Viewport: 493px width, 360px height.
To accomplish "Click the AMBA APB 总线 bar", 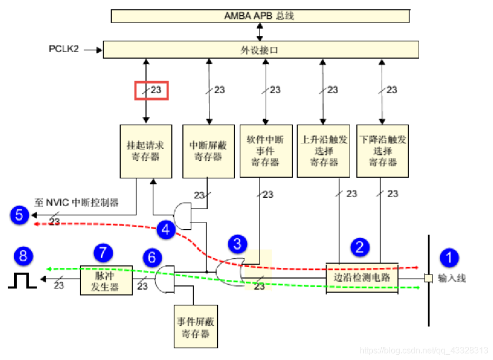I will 260,16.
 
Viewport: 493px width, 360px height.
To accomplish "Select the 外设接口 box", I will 261,50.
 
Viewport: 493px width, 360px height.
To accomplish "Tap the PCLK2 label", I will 64,50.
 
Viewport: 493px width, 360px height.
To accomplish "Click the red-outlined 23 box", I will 151,90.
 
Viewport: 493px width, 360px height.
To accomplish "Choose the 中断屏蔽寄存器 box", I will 208,151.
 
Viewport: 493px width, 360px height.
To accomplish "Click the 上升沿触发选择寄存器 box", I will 323,151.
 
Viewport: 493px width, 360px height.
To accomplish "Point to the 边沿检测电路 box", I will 362,277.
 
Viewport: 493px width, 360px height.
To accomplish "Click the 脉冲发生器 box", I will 104,279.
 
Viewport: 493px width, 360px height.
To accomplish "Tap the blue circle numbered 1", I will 450,257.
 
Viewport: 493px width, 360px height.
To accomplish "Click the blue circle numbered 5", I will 19,215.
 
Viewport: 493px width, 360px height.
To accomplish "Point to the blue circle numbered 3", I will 237,244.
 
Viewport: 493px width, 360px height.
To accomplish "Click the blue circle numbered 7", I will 103,251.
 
